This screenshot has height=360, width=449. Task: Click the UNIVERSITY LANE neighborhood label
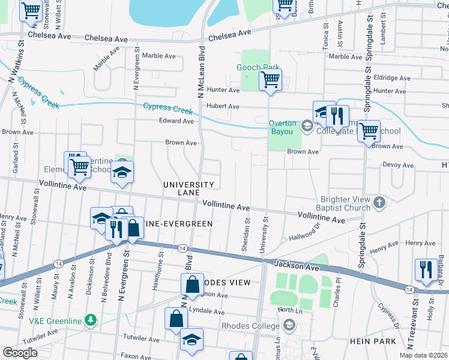pyautogui.click(x=189, y=188)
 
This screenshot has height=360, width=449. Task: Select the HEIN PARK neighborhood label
pyautogui.click(x=373, y=341)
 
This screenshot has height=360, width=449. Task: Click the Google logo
pyautogui.click(x=20, y=353)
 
